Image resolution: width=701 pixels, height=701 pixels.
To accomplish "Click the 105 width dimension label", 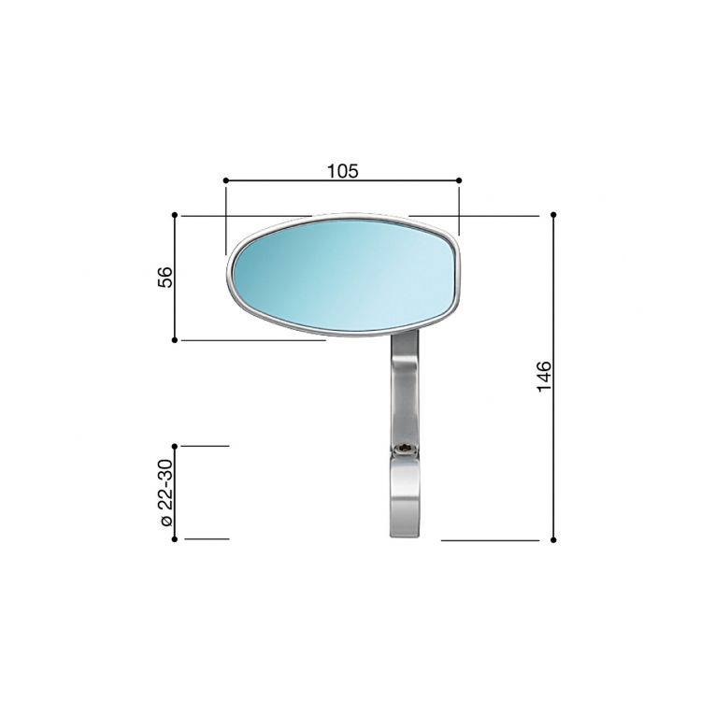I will click(343, 170).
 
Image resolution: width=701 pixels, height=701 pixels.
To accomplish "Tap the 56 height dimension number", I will click(165, 278).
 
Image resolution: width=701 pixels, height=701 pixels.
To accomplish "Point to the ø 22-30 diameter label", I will click(165, 493).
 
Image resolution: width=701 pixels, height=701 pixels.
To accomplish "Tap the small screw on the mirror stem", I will click(404, 450).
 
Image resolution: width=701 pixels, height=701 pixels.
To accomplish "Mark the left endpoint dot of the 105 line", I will click(226, 180).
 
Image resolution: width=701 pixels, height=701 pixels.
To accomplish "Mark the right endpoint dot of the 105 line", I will click(459, 180).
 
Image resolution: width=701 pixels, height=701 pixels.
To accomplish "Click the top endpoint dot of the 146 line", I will click(554, 215).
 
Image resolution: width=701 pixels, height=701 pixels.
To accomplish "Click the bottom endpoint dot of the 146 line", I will click(554, 539).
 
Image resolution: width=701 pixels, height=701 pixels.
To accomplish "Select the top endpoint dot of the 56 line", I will click(176, 215).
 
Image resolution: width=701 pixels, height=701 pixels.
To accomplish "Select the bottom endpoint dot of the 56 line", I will click(176, 340).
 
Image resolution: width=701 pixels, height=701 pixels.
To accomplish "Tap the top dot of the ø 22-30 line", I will click(176, 447).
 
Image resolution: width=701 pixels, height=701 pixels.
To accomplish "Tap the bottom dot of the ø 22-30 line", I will click(176, 539).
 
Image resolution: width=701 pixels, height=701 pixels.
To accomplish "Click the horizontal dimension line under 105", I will click(280, 180).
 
